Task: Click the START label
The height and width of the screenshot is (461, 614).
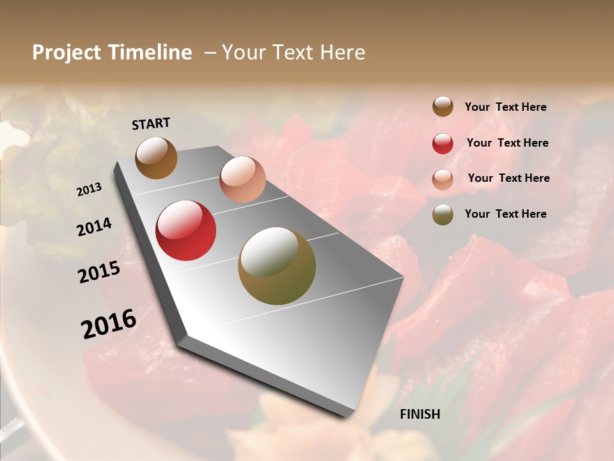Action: [151, 124]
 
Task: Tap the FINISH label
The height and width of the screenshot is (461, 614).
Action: [420, 414]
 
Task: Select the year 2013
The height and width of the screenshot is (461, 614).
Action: [90, 190]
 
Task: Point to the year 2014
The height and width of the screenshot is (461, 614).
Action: [94, 227]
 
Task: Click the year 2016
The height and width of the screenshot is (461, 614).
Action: [109, 324]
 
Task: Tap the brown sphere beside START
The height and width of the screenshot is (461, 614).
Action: [156, 158]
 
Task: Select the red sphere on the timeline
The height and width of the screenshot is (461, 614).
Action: [186, 230]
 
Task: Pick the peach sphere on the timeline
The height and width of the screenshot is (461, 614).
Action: [242, 179]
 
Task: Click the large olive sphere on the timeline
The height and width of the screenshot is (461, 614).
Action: [277, 266]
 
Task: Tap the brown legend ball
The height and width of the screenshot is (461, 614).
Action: [443, 106]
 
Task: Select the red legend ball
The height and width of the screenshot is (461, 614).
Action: [443, 143]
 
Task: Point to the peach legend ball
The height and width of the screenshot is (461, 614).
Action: [443, 179]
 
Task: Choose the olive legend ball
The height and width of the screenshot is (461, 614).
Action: [443, 214]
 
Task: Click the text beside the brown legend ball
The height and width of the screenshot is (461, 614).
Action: [505, 107]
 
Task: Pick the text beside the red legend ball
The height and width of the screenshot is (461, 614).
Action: [507, 143]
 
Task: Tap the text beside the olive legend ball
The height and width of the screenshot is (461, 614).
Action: [505, 214]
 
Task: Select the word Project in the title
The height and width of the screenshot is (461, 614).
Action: [67, 53]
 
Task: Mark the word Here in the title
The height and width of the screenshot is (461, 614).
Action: [342, 53]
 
